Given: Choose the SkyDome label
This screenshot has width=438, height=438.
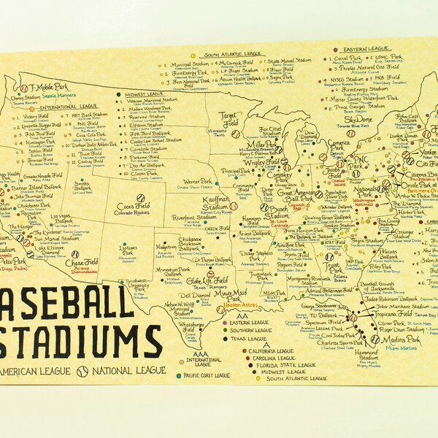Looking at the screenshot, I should click(358, 120).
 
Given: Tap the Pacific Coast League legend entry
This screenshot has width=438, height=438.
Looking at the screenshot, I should click(207, 375).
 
